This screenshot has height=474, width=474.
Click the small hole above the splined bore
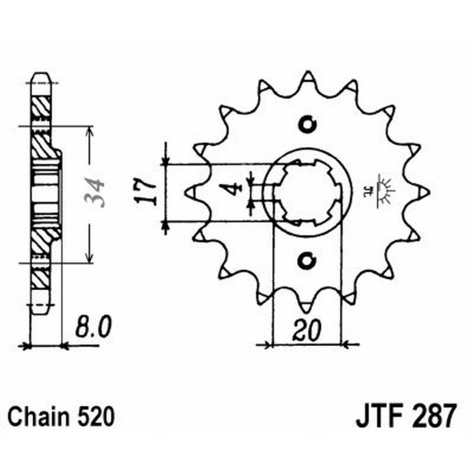(x=307, y=124)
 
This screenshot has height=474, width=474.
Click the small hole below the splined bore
(x=307, y=260)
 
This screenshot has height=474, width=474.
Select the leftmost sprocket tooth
(x=191, y=192)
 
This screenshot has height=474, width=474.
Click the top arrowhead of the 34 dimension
(x=89, y=130)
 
